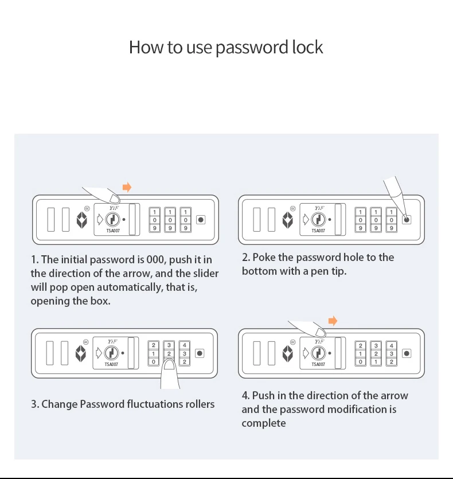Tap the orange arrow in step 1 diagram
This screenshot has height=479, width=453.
tap(127, 187)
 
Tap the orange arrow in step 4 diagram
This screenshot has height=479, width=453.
tap(333, 321)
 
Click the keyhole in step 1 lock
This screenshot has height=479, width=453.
tap(112, 220)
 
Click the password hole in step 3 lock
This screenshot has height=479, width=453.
tap(200, 353)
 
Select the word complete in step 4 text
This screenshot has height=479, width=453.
tap(264, 423)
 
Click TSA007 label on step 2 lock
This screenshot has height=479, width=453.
tap(318, 231)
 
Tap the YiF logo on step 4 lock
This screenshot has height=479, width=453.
tap(319, 341)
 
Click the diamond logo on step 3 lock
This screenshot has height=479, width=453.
tap(81, 353)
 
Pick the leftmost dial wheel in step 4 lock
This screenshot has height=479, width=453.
tap(361, 353)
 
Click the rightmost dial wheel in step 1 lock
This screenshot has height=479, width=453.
tap(185, 220)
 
